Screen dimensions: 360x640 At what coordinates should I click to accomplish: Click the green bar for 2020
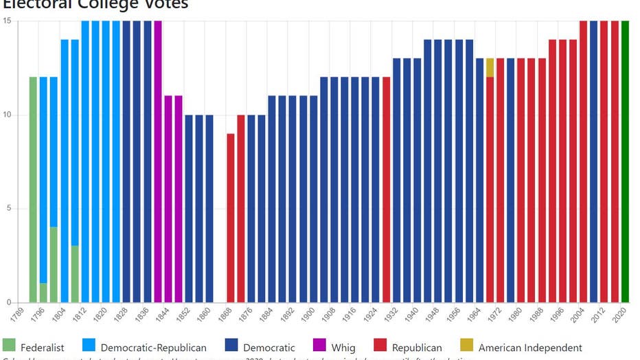(x=625, y=161)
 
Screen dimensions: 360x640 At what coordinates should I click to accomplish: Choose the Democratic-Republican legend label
(x=153, y=348)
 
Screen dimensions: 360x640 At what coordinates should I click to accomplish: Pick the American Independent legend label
(x=530, y=348)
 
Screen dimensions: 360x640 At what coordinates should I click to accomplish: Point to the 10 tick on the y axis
(x=9, y=115)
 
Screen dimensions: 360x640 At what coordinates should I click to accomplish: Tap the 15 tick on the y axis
(x=9, y=21)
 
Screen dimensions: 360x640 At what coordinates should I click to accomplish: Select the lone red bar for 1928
(x=386, y=190)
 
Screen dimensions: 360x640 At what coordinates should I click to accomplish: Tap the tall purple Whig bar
(x=158, y=161)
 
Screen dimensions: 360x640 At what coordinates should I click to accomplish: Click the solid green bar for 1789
(x=33, y=190)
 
